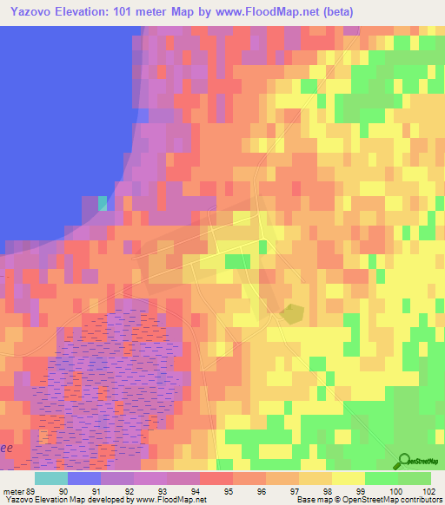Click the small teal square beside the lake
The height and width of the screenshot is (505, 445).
103,203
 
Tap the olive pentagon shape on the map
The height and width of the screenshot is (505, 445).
294,313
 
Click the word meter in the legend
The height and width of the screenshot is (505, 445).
13,490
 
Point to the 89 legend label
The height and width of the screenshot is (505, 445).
33,490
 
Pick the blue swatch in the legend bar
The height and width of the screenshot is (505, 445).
83,478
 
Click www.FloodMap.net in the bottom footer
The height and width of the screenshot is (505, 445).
170,500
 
